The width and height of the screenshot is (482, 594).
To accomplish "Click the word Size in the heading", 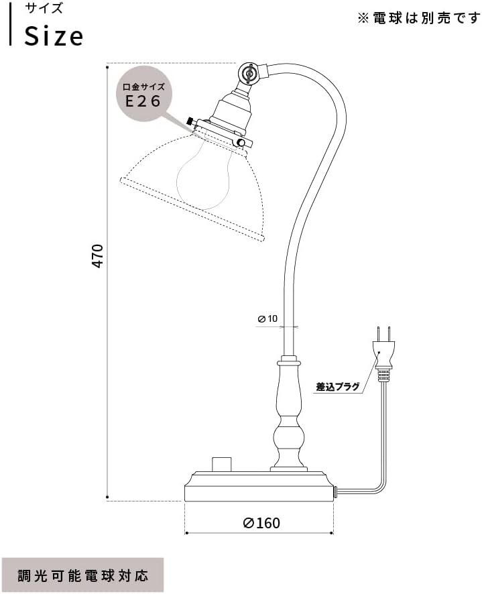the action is pyautogui.click(x=54, y=36).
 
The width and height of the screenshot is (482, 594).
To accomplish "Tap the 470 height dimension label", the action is pyautogui.click(x=98, y=257).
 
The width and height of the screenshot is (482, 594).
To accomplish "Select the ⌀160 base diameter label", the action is pyautogui.click(x=261, y=523).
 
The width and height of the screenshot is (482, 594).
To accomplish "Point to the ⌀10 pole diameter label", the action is pyautogui.click(x=267, y=318).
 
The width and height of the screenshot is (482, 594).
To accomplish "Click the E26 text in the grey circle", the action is pyautogui.click(x=143, y=101).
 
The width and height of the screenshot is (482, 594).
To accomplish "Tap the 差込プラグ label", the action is pyautogui.click(x=338, y=387).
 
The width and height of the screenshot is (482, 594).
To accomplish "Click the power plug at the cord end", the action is pyautogui.click(x=384, y=352).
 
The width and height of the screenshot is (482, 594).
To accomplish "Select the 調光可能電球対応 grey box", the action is pyautogui.click(x=82, y=575).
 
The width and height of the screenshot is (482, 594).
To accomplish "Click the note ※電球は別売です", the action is pyautogui.click(x=419, y=18).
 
